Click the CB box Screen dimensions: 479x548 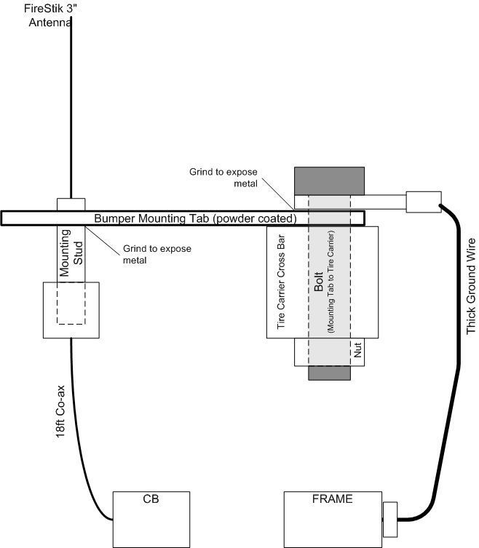[x=151, y=520]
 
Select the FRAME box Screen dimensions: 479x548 [x=333, y=520]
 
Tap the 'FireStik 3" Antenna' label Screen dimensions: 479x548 [x=50, y=15]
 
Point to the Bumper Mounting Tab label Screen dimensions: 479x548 [x=195, y=218]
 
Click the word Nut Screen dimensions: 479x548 [x=357, y=350]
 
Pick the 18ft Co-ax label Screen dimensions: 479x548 [x=60, y=411]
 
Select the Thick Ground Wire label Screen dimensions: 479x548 [x=471, y=286]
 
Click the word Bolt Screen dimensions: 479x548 [x=318, y=282]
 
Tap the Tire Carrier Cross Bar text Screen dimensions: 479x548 [x=281, y=282]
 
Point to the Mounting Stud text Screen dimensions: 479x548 [x=71, y=253]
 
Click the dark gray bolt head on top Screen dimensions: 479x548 [x=329, y=181]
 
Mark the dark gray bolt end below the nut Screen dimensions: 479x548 [x=329, y=373]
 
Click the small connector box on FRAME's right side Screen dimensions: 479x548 [x=390, y=520]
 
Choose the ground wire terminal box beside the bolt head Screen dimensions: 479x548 [x=424, y=202]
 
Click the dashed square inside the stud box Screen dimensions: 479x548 [x=71, y=303]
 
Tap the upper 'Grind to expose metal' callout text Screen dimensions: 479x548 [x=223, y=178]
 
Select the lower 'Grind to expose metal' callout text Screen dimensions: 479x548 [x=157, y=255]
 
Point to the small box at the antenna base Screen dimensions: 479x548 [x=71, y=204]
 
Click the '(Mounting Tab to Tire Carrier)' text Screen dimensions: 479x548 [x=330, y=282]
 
